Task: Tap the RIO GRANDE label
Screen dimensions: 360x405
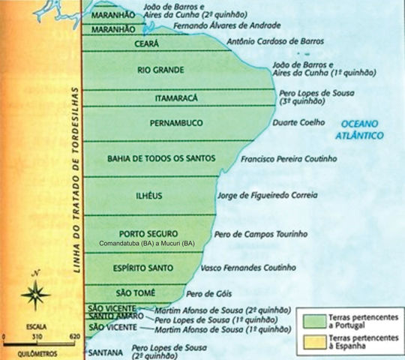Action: pos(160,71)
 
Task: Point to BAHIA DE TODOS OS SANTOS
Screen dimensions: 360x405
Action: pos(161,158)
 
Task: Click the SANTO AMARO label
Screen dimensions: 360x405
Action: pos(113,317)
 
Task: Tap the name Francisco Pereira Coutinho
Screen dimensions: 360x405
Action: pos(289,159)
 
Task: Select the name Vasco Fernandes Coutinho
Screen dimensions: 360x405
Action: pos(248,268)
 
